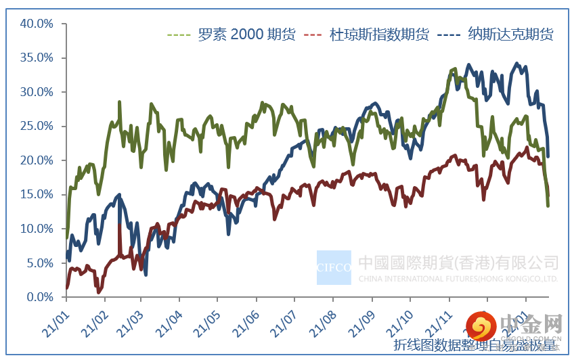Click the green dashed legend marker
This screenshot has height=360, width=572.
pyautogui.click(x=178, y=35)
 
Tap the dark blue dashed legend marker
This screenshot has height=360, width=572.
pyautogui.click(x=450, y=35)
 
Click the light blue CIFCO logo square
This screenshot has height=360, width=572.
pyautogui.click(x=334, y=267)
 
